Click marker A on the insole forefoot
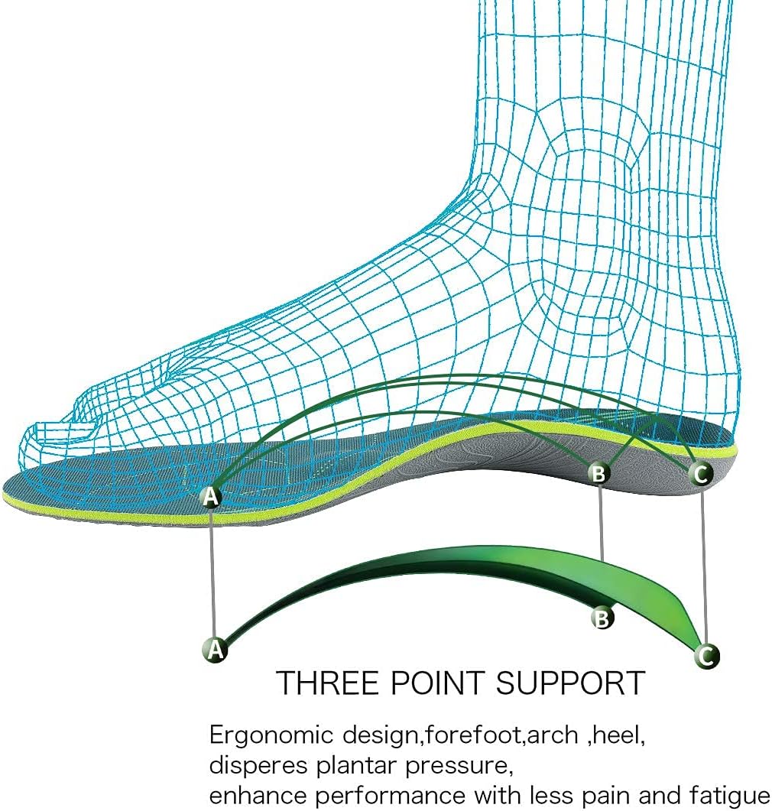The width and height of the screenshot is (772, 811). pos(211,497)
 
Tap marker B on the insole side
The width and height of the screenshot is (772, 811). pos(599,474)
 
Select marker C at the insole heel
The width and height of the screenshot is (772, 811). pos(701,474)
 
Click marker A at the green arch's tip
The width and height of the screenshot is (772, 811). pos(216,649)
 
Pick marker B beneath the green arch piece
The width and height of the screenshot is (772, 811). pos(603,617)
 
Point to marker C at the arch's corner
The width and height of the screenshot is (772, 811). pos(707,655)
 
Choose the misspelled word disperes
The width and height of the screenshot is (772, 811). pos(255,764)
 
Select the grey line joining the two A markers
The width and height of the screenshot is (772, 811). pos(213,573)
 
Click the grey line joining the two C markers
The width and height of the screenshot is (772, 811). pos(704,566)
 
